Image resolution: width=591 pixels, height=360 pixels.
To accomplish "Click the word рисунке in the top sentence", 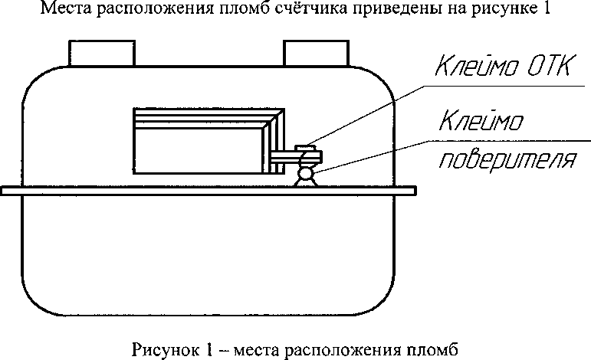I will (489, 10).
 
